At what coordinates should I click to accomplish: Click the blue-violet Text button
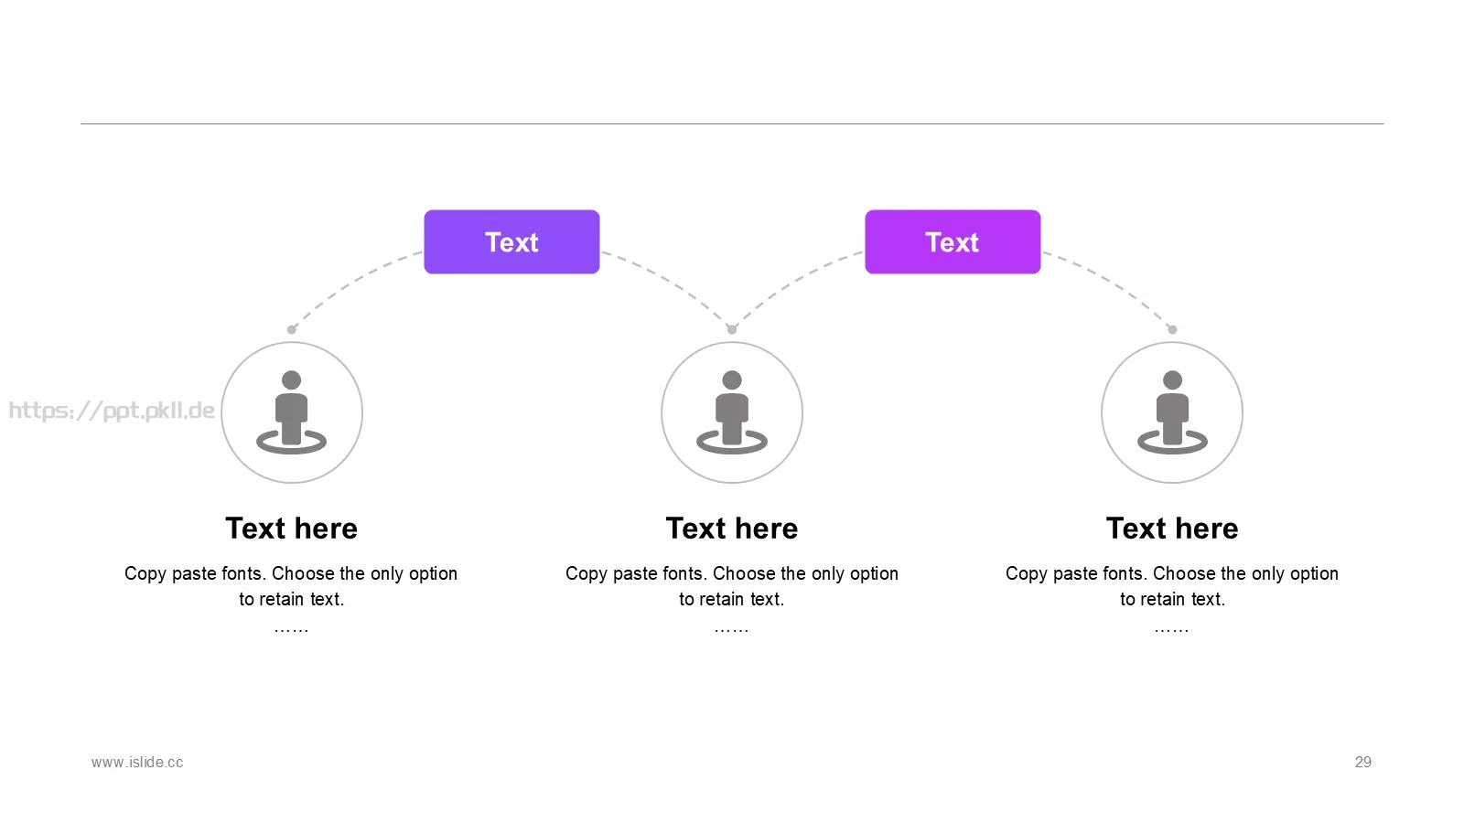(511, 241)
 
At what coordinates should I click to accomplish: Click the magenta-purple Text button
(953, 241)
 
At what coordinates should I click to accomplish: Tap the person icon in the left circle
(292, 412)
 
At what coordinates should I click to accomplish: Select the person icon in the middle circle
(732, 412)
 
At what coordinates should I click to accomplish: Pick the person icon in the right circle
(1172, 412)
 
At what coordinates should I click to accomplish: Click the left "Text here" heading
(292, 529)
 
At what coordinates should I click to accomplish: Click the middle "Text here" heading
(732, 529)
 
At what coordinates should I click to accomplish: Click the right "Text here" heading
(1172, 529)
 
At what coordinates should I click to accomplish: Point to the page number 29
(1363, 763)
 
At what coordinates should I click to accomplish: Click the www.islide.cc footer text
(137, 763)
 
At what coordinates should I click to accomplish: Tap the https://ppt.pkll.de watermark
(112, 411)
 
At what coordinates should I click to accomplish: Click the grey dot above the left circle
(292, 329)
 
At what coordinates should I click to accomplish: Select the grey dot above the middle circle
(732, 329)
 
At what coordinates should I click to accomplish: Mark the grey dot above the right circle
(1172, 329)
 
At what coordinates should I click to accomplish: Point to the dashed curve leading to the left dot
(349, 282)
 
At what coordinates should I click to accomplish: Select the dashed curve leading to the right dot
(1116, 282)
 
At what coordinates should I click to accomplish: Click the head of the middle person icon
(732, 380)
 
